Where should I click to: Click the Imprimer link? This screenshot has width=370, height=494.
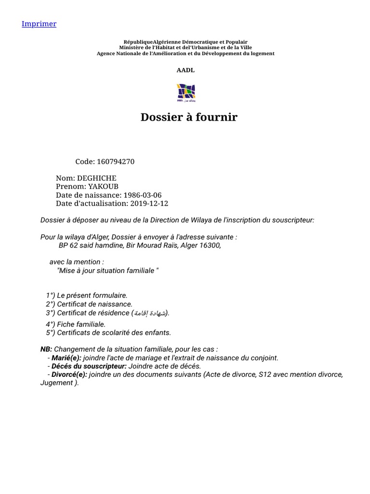click(x=39, y=24)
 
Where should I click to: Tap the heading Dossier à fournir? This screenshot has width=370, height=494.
click(x=189, y=117)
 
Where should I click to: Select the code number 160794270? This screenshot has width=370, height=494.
click(x=116, y=162)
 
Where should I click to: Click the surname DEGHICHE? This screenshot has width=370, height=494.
click(x=100, y=178)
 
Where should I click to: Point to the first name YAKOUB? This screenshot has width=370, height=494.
click(x=103, y=187)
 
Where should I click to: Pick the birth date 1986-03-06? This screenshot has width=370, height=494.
click(x=142, y=195)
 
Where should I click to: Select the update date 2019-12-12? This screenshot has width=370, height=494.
click(x=149, y=204)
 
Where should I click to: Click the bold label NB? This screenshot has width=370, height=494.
click(x=46, y=349)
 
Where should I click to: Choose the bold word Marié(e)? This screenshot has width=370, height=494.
click(x=66, y=358)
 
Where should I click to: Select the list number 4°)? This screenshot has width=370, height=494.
click(x=51, y=324)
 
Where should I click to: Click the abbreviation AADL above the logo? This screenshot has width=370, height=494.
click(x=185, y=70)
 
